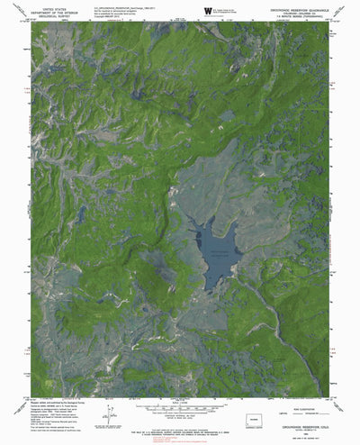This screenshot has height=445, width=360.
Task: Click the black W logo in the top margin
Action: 209,12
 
